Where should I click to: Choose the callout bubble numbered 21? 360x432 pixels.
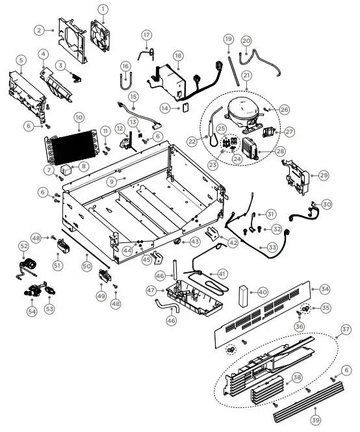[x=246, y=75]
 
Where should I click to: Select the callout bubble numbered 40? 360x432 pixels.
[x=263, y=292]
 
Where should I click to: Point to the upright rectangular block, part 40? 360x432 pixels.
[x=244, y=296]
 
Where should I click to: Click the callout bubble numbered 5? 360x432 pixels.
[x=21, y=61]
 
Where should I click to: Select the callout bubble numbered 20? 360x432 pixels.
[x=246, y=41]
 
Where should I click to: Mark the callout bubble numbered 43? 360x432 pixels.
[x=194, y=242]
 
